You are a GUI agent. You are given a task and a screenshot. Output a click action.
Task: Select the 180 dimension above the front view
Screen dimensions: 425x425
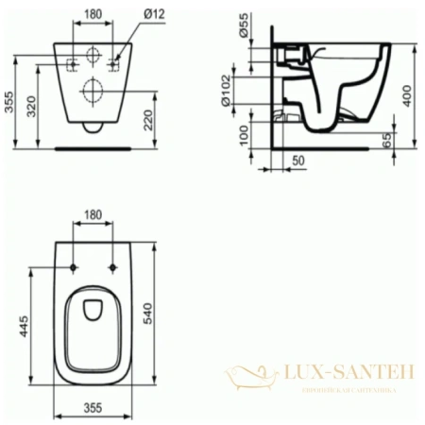93,14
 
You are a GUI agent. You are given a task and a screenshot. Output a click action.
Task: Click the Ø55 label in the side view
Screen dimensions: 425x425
244,26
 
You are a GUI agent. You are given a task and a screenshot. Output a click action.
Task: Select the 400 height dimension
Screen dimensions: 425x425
407,93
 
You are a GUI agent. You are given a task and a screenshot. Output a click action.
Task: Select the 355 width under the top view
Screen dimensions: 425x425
92,409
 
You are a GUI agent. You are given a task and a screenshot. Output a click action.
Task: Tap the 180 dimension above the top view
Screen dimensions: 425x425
93,215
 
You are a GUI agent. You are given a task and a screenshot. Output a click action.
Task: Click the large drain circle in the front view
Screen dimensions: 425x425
93,91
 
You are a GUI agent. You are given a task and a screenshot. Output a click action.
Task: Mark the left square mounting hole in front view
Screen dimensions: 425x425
72,64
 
